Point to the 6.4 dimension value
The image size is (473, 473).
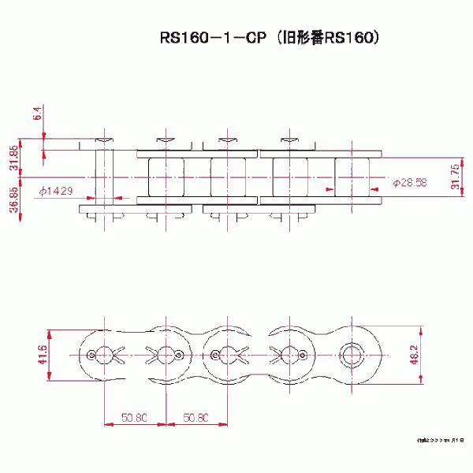(37, 114)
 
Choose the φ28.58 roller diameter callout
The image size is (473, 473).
(409, 182)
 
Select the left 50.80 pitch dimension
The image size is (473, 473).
(133, 416)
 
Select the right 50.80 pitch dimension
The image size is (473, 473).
(196, 416)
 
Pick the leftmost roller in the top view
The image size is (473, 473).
(166, 177)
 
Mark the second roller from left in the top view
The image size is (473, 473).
(227, 177)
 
